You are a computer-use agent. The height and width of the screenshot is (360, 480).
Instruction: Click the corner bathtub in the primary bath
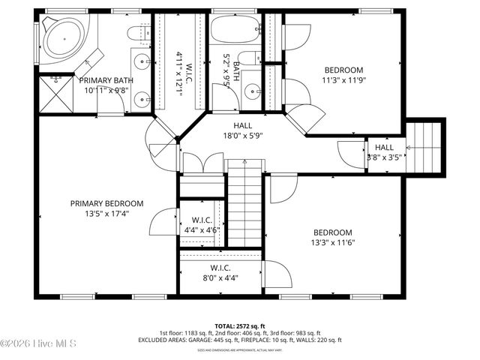point(62,38)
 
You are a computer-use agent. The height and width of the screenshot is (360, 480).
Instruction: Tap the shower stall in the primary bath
point(55,94)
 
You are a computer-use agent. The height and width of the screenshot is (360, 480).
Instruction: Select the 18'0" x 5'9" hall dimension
point(242,136)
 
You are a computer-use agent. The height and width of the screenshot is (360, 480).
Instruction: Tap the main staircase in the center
point(244,206)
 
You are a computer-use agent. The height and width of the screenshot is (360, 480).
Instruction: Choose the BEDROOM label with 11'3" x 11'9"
point(343,70)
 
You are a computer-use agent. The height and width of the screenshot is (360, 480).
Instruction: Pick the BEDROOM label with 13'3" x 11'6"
point(332,232)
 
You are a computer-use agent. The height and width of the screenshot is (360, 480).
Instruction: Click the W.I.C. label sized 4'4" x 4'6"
point(201,220)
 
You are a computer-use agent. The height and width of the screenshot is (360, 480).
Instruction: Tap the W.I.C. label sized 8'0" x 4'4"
point(220,268)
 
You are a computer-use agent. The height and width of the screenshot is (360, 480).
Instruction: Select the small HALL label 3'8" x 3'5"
point(385,148)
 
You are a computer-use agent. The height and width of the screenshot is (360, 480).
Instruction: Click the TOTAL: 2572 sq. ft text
point(239,325)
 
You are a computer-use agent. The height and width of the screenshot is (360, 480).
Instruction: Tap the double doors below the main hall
point(202,164)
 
